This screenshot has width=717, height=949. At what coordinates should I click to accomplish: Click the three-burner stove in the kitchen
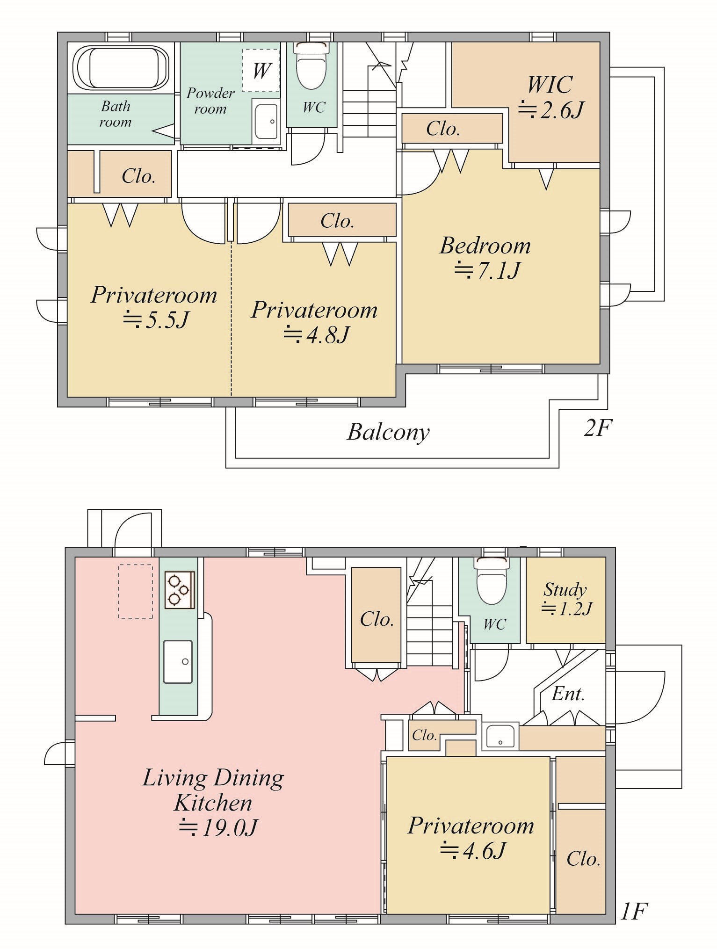(x=180, y=589)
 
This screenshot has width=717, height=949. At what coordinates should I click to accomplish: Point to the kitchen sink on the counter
(x=178, y=662)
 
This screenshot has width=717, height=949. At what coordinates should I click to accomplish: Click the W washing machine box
(x=261, y=70)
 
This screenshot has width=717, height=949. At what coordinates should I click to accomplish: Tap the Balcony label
(x=388, y=432)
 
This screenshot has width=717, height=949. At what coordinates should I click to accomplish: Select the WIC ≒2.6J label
(x=550, y=97)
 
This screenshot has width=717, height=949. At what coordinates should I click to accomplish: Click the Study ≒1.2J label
(x=566, y=599)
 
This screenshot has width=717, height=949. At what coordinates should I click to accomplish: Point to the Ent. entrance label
(x=568, y=694)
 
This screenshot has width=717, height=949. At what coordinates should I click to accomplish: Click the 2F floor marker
(x=598, y=427)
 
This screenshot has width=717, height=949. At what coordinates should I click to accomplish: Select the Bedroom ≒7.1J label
(x=486, y=258)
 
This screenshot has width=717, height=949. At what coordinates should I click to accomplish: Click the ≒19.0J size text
(x=218, y=828)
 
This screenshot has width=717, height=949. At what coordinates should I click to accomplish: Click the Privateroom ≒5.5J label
(x=154, y=307)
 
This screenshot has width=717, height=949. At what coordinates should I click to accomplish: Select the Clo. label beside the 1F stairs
(x=377, y=619)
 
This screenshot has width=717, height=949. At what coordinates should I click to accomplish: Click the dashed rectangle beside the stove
(x=135, y=592)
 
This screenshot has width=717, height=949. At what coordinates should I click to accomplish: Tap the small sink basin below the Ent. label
(x=500, y=736)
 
